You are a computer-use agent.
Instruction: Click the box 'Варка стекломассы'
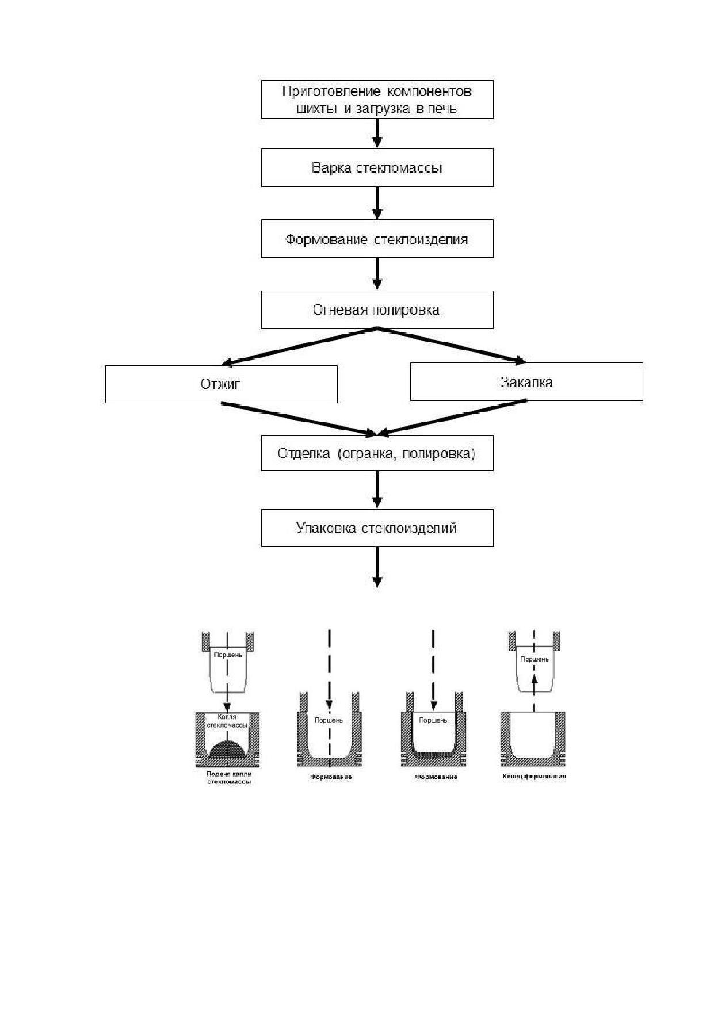coord(377,167)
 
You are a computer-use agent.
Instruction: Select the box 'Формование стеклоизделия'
coord(377,239)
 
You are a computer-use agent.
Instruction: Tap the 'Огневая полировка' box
coord(377,309)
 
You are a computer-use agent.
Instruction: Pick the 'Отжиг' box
coord(221,384)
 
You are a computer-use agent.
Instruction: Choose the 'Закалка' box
coord(526,381)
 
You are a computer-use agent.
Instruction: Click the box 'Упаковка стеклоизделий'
coord(377,528)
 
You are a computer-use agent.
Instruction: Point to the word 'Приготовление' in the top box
coord(331,91)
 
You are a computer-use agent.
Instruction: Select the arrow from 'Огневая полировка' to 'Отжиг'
coord(300,346)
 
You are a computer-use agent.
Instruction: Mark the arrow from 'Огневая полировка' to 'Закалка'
coord(452,345)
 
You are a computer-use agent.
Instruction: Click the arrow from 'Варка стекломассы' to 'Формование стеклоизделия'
coord(377,203)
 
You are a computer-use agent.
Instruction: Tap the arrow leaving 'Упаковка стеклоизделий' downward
coord(377,567)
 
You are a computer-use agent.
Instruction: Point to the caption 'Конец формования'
coord(534,776)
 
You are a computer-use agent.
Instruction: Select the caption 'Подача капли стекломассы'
coord(229,778)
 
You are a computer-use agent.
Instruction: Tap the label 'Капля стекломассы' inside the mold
coord(227,721)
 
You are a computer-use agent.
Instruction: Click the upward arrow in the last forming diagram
coord(534,694)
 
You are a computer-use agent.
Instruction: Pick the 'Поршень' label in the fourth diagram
coord(534,659)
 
